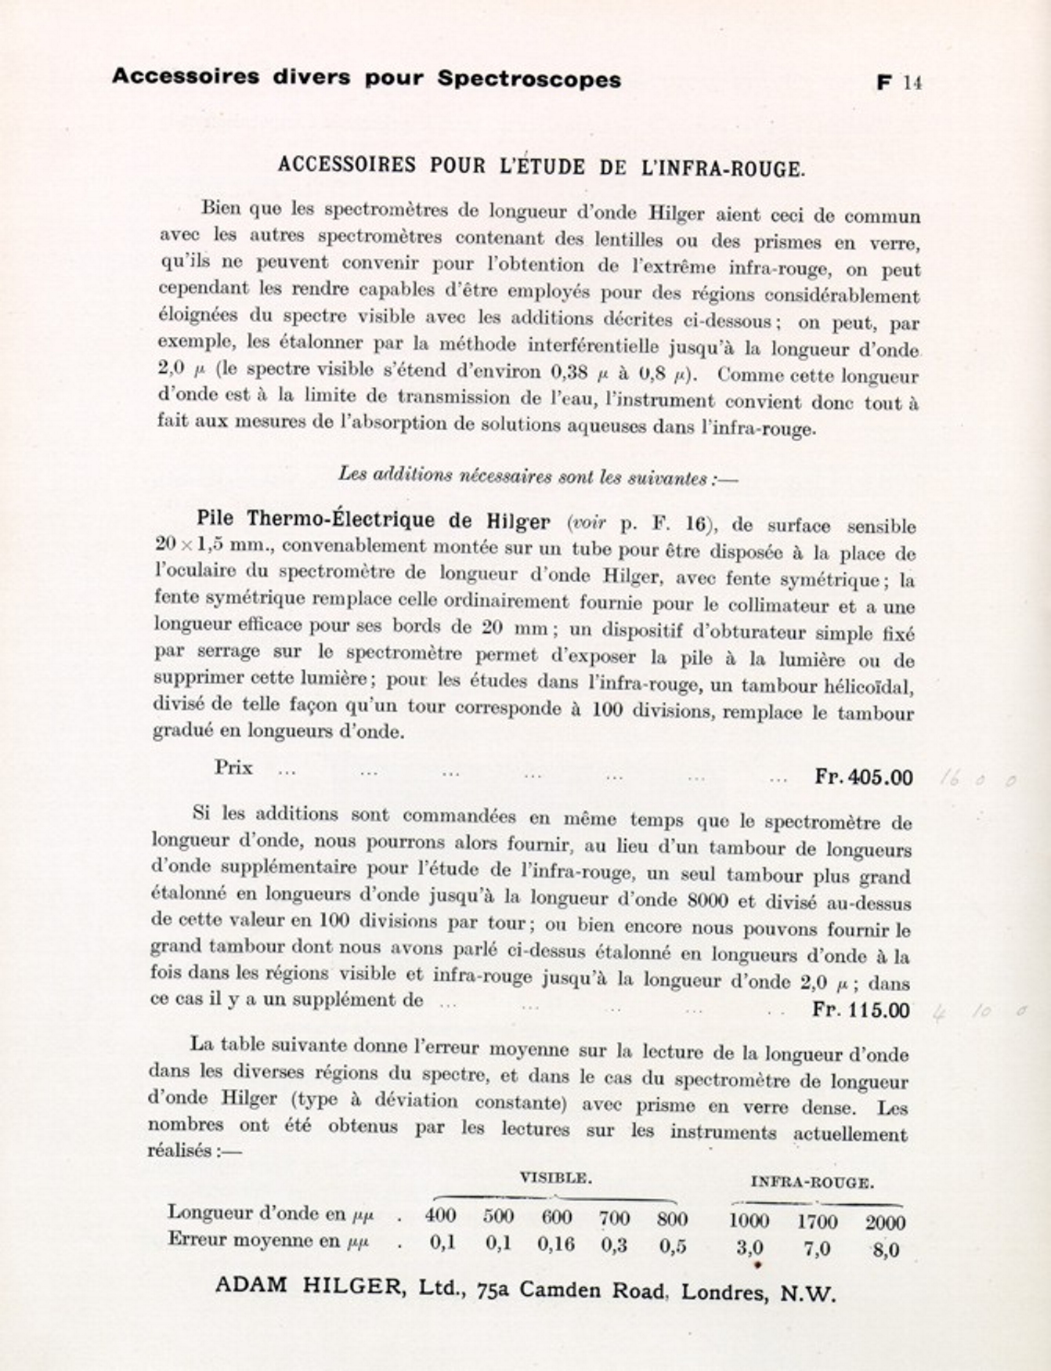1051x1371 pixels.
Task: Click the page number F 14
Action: click(x=899, y=82)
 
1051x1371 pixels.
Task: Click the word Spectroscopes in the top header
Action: click(x=529, y=79)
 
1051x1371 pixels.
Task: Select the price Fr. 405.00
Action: click(x=864, y=777)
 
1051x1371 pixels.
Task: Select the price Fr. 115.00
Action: click(x=861, y=1009)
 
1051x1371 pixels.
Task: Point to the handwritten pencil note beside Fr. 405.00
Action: click(x=977, y=779)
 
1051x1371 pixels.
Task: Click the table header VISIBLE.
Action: click(x=555, y=1177)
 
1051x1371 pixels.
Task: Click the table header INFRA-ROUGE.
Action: click(x=812, y=1182)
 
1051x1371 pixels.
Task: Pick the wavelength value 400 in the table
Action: click(x=440, y=1216)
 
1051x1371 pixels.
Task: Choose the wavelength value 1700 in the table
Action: click(x=817, y=1221)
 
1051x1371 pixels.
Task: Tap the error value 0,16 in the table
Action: click(x=555, y=1244)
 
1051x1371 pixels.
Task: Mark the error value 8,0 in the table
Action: click(x=886, y=1250)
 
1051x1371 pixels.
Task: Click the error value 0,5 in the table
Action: click(x=673, y=1246)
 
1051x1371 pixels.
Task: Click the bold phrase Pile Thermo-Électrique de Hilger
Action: click(x=373, y=519)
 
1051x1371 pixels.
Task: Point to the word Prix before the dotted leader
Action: click(x=233, y=767)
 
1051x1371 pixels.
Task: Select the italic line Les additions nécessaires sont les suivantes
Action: click(x=537, y=476)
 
